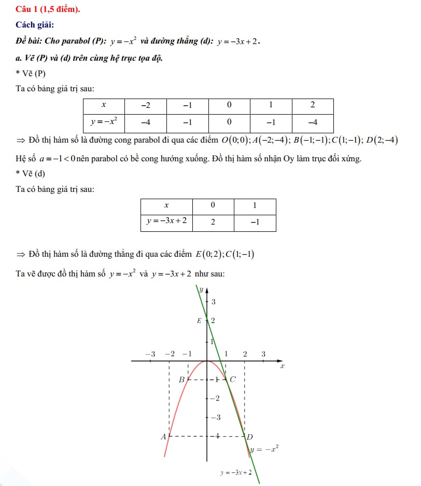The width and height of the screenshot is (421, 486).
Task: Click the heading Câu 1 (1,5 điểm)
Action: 47,9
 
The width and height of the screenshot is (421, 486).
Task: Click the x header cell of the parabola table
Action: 104,105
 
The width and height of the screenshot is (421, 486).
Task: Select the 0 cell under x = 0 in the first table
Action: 229,122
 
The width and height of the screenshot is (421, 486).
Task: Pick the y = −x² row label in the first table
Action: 104,122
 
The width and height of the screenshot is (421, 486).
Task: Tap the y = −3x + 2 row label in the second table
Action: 166,221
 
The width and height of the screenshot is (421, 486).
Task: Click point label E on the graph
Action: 199,321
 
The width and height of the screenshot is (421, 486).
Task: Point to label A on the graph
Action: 163,437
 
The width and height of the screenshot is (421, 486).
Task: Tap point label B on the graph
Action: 181,380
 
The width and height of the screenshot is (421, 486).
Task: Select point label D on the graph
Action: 249,437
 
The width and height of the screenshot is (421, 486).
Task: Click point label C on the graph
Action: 233,379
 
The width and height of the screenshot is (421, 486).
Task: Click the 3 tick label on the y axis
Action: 213,301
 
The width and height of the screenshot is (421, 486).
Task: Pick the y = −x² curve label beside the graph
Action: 265,450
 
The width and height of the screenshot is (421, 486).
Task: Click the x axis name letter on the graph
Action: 283,366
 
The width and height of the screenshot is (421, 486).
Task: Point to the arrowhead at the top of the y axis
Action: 207,289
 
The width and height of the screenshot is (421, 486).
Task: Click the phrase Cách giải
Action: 35,24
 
